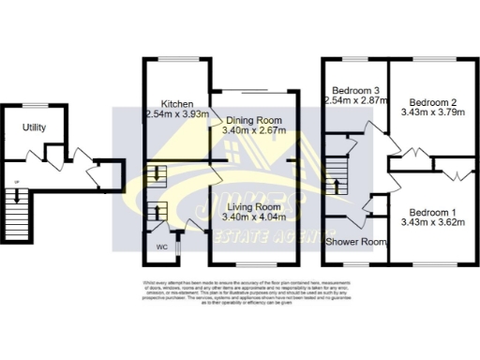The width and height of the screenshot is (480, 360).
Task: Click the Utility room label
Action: click(35, 127)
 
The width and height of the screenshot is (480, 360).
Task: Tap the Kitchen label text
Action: click(177, 103)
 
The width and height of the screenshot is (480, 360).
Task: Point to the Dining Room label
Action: click(252, 121)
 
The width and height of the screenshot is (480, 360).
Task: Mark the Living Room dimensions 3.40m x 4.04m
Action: click(254, 218)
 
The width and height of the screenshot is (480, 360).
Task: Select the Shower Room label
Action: click(355, 241)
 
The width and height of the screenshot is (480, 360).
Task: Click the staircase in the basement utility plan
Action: click(13, 199)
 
